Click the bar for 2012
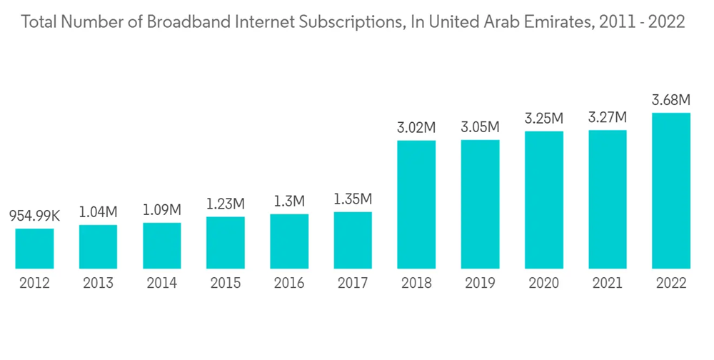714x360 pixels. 34,249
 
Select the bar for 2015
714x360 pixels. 226,243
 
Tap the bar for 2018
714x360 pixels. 416,204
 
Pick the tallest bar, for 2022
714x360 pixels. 671,191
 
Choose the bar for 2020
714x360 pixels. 544,200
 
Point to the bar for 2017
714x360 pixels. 353,240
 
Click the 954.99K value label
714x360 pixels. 35,215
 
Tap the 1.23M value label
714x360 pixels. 226,204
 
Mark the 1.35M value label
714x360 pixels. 353,199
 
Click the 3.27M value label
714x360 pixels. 608,117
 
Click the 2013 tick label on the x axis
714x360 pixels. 98,284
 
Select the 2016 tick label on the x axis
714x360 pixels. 289,284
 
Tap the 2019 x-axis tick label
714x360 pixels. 480,284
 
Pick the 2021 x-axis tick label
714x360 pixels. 608,284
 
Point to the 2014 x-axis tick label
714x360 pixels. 162,284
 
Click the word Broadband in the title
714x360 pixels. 181,23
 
